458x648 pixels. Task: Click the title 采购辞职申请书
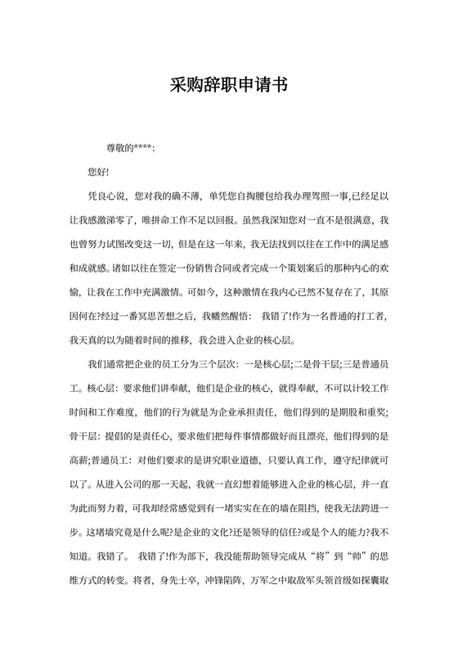228,84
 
